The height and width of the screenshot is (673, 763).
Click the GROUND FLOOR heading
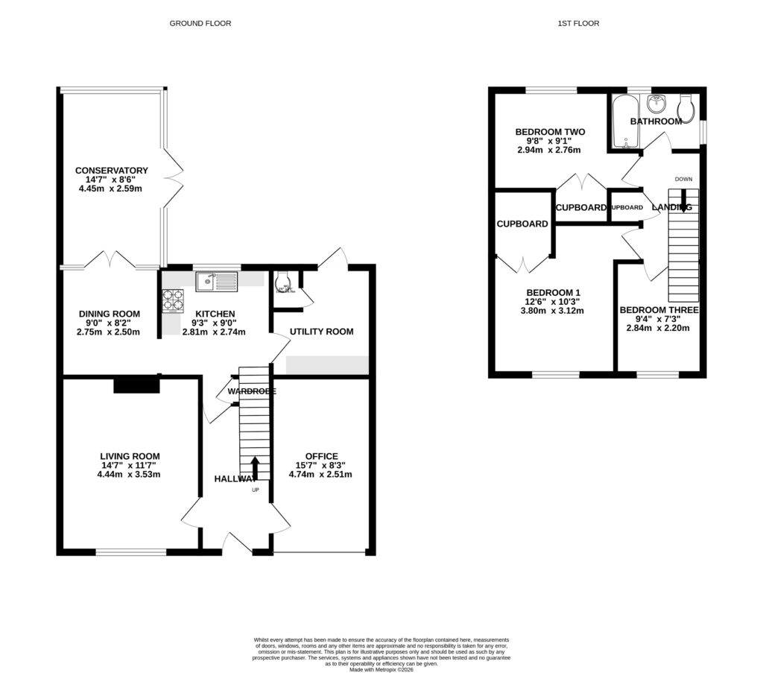tap(200, 24)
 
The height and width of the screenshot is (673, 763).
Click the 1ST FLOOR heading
tap(578, 24)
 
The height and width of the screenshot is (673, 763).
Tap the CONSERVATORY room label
tap(112, 171)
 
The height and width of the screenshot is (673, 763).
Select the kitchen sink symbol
tap(216, 281)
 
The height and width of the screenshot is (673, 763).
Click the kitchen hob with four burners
tap(174, 299)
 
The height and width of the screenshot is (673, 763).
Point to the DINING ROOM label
tap(110, 314)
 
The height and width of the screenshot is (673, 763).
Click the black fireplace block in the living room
tap(136, 385)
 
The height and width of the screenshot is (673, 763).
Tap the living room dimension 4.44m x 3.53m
tap(130, 474)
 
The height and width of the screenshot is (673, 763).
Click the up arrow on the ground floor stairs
tap(255, 468)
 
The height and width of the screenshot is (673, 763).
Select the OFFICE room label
tap(321, 456)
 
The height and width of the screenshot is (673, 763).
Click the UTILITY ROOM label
tap(321, 332)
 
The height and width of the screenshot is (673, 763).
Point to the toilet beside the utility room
tap(282, 282)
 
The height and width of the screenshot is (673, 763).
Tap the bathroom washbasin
tap(657, 103)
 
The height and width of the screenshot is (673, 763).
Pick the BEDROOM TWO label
tap(550, 132)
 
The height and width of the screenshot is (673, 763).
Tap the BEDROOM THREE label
tap(659, 310)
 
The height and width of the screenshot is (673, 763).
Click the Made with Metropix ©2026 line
tap(381, 669)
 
